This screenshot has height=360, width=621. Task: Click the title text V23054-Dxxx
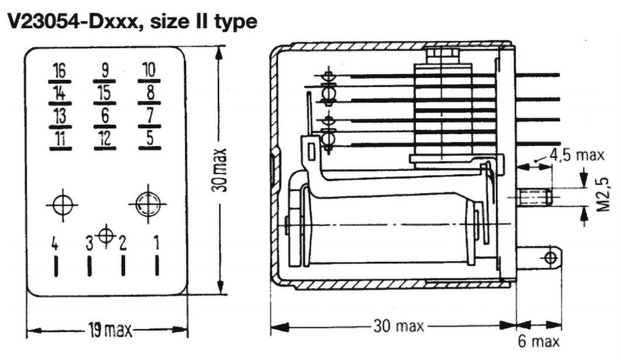(x=72, y=21)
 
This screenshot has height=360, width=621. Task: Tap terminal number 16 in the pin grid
(x=60, y=71)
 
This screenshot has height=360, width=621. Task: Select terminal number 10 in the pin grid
(x=149, y=70)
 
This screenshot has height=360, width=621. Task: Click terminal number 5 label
(x=150, y=138)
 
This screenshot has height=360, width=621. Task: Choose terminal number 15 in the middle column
(x=104, y=93)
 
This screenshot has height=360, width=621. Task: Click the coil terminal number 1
(x=157, y=242)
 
